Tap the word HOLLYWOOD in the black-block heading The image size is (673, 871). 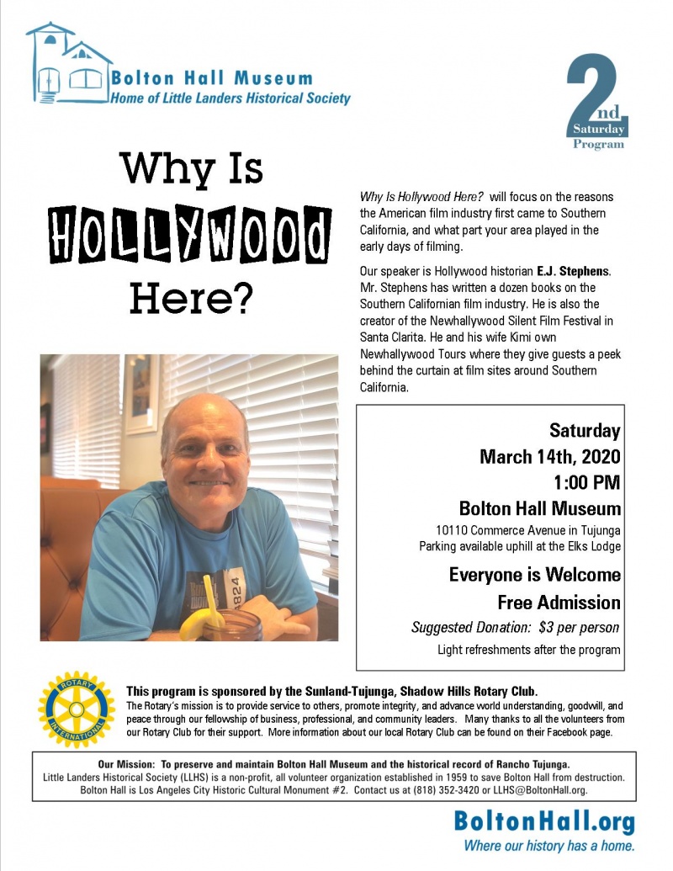188,232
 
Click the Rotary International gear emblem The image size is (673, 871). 77,709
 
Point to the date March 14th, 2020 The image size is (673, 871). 549,457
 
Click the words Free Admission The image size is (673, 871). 559,603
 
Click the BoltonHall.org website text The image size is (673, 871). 543,822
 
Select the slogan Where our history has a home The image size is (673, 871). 549,845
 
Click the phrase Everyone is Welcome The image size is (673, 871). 534,576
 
